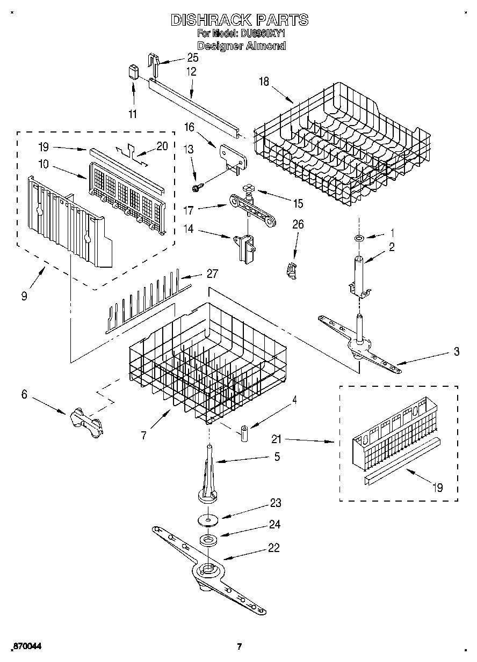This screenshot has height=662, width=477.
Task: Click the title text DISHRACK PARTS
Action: click(x=239, y=20)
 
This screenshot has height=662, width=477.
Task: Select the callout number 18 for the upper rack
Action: click(x=263, y=82)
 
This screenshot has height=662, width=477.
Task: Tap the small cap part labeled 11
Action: click(x=133, y=72)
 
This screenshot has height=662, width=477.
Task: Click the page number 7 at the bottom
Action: click(x=240, y=646)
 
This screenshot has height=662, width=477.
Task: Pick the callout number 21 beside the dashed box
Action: click(x=276, y=440)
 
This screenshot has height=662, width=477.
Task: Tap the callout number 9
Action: click(x=25, y=295)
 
